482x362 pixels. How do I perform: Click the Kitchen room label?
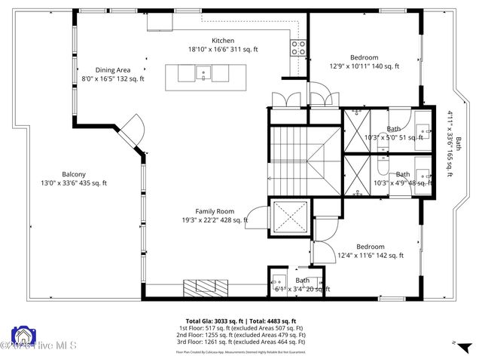point(223,40)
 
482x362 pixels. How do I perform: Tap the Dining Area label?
point(112,69)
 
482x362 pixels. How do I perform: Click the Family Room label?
point(215,211)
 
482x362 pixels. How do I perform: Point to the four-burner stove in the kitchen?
point(298,48)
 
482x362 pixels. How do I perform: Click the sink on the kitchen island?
point(202,73)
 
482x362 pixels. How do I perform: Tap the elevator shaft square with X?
point(290,219)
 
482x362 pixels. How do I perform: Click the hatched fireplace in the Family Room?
point(204,287)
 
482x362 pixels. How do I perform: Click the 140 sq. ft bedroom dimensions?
point(365,66)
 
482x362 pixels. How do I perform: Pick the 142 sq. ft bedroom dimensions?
point(371,256)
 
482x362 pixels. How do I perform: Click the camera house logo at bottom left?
point(23,337)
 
